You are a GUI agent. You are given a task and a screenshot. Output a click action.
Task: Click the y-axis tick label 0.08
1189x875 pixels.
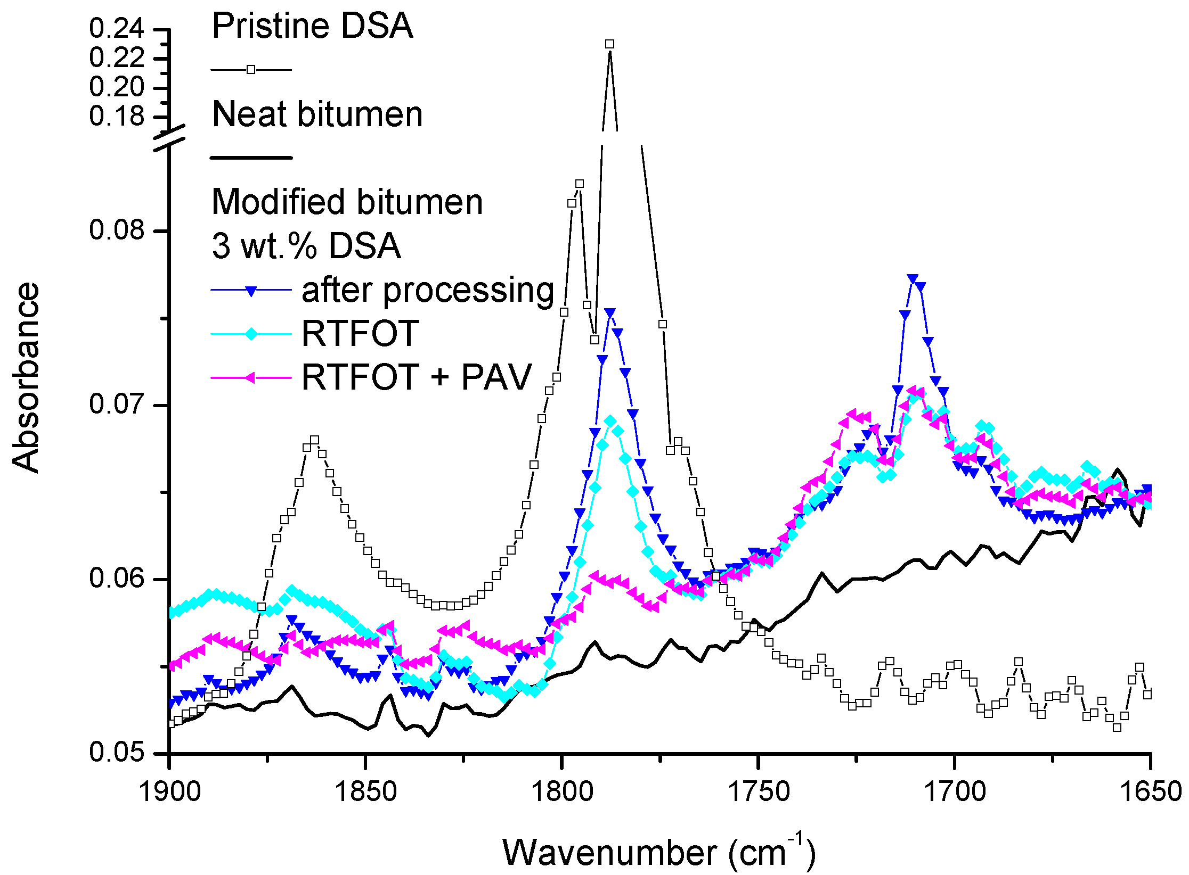117,230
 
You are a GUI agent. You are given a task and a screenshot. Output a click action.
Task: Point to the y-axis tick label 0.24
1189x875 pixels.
117,29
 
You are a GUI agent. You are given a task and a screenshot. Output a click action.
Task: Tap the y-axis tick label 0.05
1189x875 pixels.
117,752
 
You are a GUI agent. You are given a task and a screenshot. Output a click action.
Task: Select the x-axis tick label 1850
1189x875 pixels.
365,791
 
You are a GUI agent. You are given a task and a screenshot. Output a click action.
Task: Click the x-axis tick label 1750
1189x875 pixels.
758,791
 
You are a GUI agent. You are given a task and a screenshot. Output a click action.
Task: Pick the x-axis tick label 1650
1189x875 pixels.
1151,791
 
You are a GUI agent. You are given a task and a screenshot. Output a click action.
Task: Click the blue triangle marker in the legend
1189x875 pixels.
251,291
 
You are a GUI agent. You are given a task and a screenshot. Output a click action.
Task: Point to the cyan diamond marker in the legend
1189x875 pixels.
251,334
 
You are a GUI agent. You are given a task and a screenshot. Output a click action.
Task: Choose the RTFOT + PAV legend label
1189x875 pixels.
417,377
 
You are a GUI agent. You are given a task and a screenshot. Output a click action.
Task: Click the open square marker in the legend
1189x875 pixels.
251,70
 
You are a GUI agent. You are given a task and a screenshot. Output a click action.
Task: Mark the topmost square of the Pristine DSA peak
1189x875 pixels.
610,44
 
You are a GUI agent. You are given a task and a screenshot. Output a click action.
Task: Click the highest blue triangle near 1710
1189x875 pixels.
913,279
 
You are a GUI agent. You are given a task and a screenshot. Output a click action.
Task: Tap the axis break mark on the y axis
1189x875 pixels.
169,137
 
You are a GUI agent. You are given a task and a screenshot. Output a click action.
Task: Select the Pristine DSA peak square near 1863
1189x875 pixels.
314,440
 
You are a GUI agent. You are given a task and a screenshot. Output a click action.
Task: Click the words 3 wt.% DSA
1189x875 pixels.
306,246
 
